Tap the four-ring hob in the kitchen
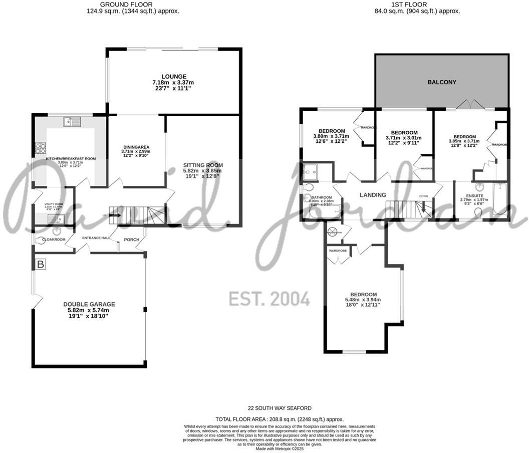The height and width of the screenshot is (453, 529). [40, 148]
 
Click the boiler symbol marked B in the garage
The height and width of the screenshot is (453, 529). [40, 264]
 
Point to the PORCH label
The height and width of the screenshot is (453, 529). [131, 240]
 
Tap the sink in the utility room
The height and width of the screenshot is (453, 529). [54, 218]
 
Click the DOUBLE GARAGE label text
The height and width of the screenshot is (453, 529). [89, 304]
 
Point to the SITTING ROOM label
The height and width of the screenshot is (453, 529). [203, 165]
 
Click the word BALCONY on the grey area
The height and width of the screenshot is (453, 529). [441, 82]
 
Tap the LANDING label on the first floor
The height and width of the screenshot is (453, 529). [373, 195]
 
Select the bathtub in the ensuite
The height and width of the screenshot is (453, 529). [500, 199]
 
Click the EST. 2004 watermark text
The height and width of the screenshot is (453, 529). [269, 299]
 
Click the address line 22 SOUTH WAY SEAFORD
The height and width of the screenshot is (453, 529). [279, 408]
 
